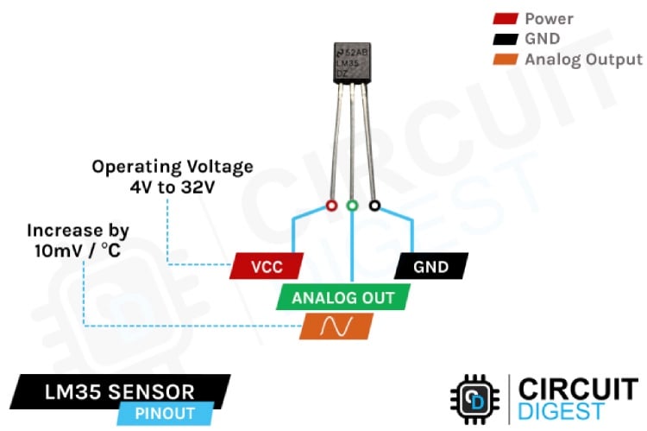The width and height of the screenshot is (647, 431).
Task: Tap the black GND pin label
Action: tap(430, 267)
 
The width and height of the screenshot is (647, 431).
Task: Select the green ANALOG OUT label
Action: tap(342, 298)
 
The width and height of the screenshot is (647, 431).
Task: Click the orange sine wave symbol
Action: tap(336, 326)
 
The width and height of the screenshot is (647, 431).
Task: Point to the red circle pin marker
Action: tap(330, 206)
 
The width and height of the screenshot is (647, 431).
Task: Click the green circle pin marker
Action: tap(352, 206)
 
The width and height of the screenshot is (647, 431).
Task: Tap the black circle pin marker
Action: tap(374, 206)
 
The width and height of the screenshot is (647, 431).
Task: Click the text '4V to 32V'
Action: tap(173, 186)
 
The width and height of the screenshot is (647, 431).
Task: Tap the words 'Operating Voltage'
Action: tap(173, 166)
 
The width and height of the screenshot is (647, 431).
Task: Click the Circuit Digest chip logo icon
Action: tap(474, 400)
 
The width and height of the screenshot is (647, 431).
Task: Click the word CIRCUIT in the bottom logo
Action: tap(577, 388)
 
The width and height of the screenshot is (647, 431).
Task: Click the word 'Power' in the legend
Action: tap(549, 18)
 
